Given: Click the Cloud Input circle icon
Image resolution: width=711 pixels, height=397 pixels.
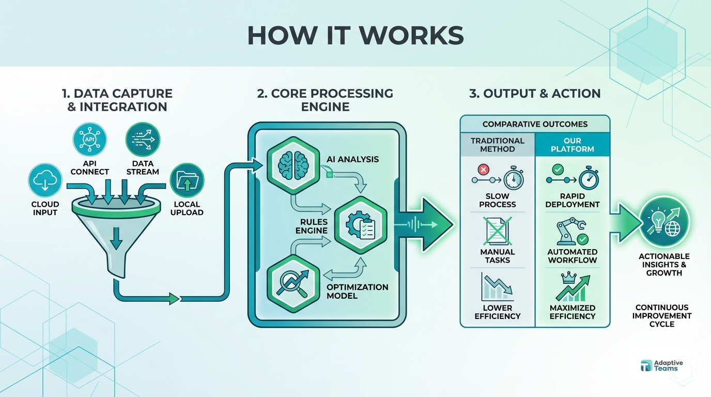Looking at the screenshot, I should point(45,181).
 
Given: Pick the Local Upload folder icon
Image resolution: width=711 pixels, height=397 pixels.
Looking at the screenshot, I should point(187,181).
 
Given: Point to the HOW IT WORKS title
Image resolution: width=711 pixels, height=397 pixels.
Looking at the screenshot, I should point(355,35).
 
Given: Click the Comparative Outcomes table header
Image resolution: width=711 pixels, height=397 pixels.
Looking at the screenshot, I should point(535,124).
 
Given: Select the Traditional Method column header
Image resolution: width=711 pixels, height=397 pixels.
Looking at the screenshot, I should point(497,145).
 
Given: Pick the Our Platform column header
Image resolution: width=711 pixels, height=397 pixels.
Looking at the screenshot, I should point(572,145).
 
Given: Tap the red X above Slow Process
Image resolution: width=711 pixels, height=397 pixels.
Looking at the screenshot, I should point(484,169).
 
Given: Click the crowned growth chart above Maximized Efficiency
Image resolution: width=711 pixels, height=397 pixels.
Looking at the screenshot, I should point(572,287).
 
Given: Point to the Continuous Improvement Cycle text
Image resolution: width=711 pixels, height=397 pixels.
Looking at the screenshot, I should point(662,315).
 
